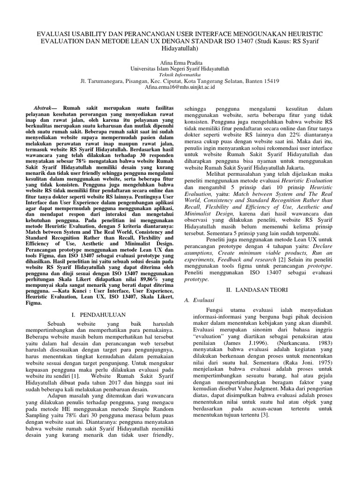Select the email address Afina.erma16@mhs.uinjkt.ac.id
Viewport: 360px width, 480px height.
[180, 87]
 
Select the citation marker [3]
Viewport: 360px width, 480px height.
[265, 402]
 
